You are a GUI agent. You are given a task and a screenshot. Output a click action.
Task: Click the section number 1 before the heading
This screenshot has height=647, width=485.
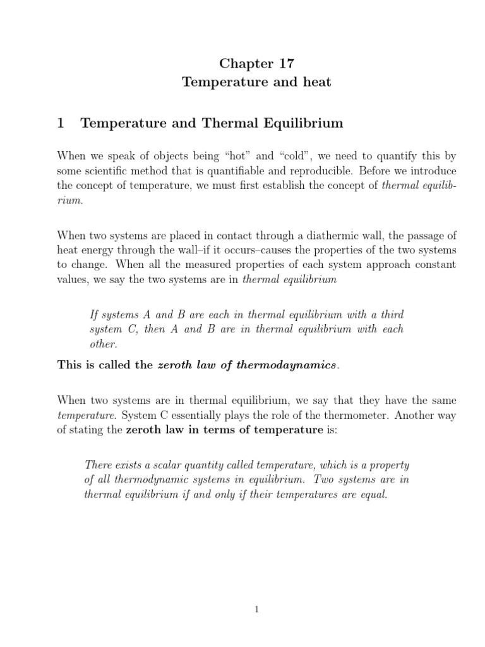click(61, 123)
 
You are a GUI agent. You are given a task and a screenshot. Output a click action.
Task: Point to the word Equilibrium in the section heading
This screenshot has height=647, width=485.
click(309, 123)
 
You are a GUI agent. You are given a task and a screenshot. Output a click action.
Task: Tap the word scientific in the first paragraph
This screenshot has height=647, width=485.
click(110, 171)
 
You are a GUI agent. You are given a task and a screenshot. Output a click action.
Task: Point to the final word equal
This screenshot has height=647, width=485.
click(371, 495)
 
